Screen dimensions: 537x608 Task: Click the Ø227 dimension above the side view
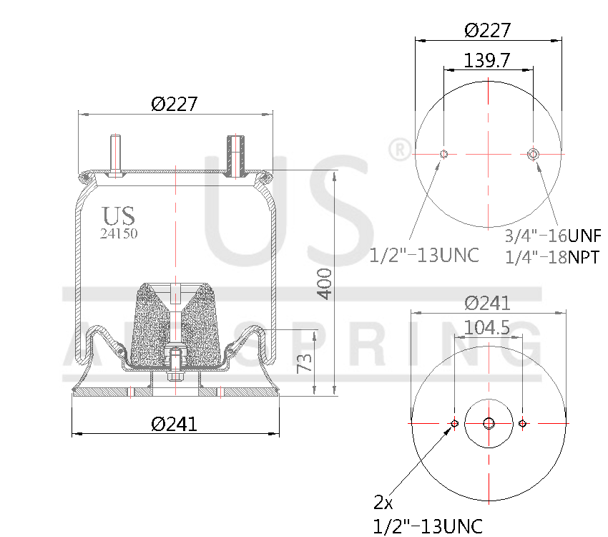point(174,104)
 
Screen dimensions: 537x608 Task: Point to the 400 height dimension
point(324,284)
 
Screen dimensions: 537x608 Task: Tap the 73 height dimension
point(303,363)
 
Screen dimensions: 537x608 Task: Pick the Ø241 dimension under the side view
point(174,424)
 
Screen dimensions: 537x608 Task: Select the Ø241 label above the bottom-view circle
point(487,302)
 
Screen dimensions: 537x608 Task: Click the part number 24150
point(118,233)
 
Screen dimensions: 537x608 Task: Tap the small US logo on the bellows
point(118,216)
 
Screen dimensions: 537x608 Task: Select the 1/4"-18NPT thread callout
point(553,256)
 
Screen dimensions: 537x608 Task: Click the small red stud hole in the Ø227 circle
point(444,154)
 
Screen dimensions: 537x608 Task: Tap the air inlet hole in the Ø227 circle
point(533,154)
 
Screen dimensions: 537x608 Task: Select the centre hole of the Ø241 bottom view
point(489,423)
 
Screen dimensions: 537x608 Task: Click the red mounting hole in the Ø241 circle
point(523,424)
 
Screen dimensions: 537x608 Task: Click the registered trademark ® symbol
point(398,150)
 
